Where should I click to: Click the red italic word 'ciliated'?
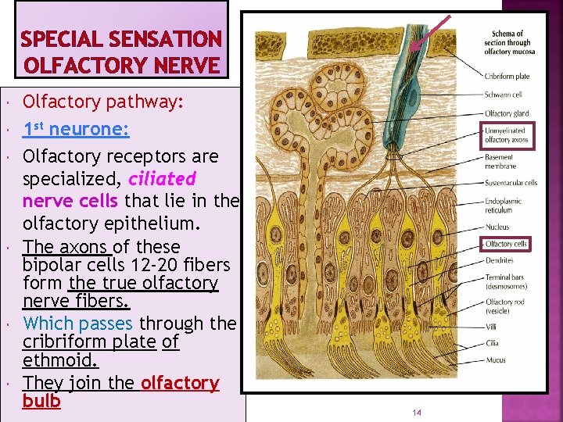click(163, 178)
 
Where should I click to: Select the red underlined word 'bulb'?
click(41, 402)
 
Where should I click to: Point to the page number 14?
click(416, 413)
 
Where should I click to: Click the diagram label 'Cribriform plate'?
click(507, 76)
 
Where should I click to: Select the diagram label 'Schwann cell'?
click(503, 95)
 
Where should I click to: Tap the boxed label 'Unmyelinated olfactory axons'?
click(506, 135)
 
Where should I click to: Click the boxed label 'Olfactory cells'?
click(506, 245)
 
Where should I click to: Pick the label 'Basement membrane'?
click(500, 161)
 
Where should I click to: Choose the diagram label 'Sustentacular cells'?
click(511, 183)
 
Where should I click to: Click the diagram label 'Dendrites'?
click(500, 260)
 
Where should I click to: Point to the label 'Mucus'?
click(496, 360)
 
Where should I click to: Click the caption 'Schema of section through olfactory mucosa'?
click(507, 42)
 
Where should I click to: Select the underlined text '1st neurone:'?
click(76, 129)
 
